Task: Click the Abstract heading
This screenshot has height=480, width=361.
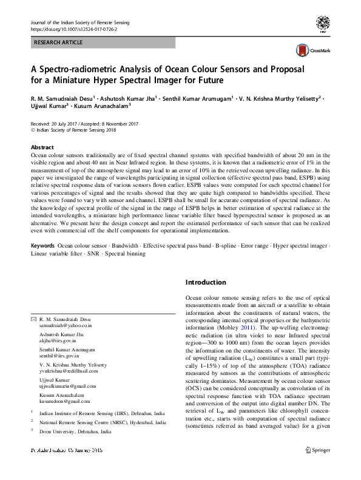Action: click(42, 147)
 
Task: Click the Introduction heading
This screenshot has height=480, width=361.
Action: click(206, 282)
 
